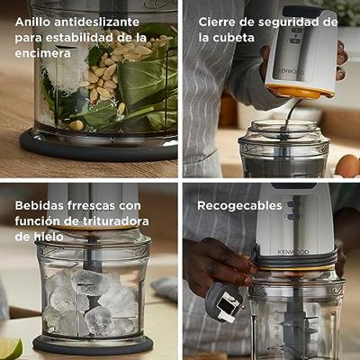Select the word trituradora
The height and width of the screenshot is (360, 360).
point(115,221)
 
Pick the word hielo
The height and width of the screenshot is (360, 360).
point(47,237)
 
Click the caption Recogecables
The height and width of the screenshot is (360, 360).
point(239,206)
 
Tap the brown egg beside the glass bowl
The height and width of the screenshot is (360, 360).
point(347,166)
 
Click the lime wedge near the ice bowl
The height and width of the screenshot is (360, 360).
point(11,348)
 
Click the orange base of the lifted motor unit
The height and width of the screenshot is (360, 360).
point(300,91)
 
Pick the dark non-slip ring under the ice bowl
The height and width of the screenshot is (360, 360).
point(93,345)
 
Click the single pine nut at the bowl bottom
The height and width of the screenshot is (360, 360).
point(76,124)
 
